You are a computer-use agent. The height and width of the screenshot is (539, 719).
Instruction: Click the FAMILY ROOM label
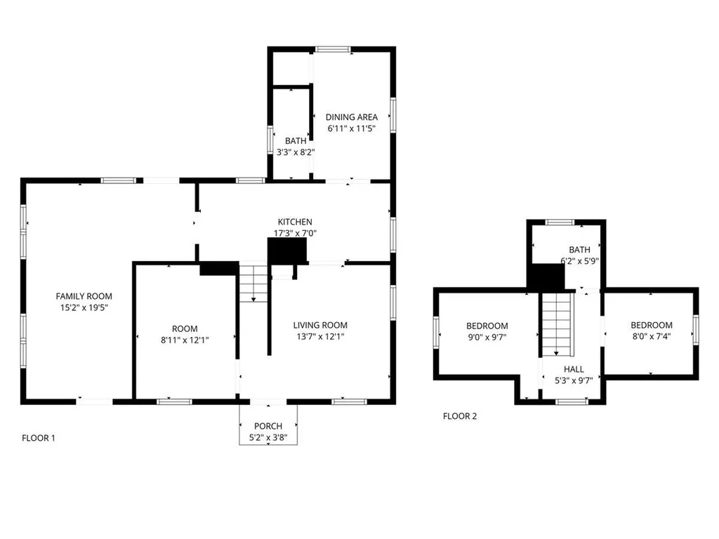point(84,296)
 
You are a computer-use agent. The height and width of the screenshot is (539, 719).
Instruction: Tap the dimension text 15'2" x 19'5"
point(84,307)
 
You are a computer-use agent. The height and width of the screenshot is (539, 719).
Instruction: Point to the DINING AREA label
point(352,117)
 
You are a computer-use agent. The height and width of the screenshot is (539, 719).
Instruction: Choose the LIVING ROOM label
point(320,325)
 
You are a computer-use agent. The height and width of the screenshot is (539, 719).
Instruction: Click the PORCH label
point(268,426)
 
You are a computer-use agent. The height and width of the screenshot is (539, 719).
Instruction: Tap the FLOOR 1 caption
point(39,438)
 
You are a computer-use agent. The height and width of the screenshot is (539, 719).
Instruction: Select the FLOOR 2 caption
point(460,416)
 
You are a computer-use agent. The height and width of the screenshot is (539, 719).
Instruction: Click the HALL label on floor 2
point(574,369)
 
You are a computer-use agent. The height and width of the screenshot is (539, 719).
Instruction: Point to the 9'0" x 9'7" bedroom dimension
point(487,337)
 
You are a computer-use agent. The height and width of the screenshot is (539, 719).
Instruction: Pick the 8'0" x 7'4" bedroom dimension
point(651,336)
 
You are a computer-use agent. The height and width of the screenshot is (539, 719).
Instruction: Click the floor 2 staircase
point(557,324)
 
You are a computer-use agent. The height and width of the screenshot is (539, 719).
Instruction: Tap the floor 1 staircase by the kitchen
point(253,282)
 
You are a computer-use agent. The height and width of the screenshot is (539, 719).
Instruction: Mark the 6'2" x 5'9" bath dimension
point(579,260)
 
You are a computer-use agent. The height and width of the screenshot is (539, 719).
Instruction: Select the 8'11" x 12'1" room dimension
point(185,340)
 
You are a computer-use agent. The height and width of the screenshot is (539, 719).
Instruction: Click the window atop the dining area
point(333,49)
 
